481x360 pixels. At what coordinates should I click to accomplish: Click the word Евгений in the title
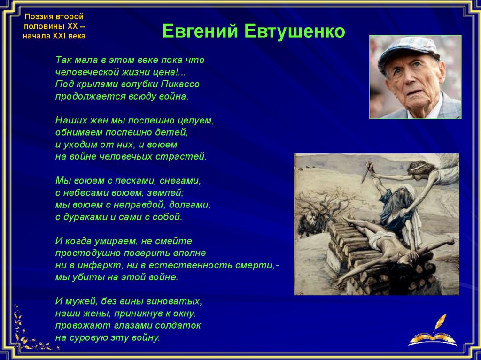click(200, 31)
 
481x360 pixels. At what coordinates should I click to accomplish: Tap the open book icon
click(433, 340)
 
